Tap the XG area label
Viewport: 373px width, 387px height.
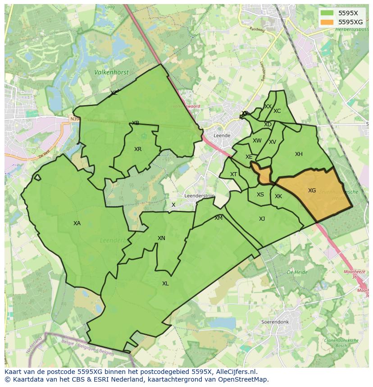point(312,191)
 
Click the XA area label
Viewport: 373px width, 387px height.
point(77,223)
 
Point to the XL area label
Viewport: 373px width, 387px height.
point(165,284)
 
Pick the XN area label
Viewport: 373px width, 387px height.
point(161,238)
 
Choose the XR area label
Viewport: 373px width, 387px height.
point(138,149)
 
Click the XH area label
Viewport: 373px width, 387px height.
point(299,154)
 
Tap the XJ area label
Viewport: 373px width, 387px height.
point(262,219)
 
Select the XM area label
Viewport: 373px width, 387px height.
point(218,218)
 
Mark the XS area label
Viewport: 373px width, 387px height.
point(260,195)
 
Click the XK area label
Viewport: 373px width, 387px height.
point(278,196)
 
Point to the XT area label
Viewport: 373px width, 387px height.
point(233,174)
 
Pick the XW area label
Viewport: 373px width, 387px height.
point(257,141)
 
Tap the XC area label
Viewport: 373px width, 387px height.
point(277,111)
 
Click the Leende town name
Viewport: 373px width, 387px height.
point(222,135)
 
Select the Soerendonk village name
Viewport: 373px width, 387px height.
point(275,322)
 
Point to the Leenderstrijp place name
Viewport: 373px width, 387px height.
point(200,196)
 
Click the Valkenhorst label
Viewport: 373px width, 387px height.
point(111,72)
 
